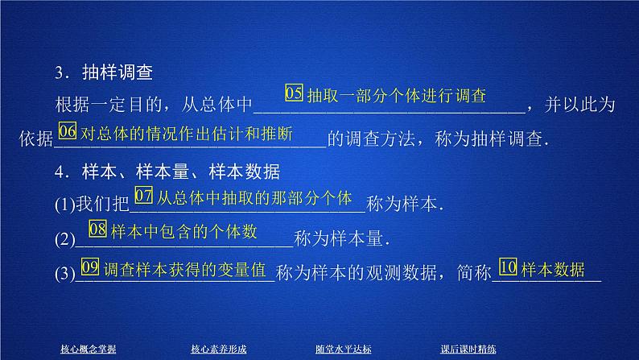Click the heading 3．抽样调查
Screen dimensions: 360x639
[105, 72]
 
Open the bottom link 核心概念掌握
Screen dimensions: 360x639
[89, 349]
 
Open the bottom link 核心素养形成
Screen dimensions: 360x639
[218, 349]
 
